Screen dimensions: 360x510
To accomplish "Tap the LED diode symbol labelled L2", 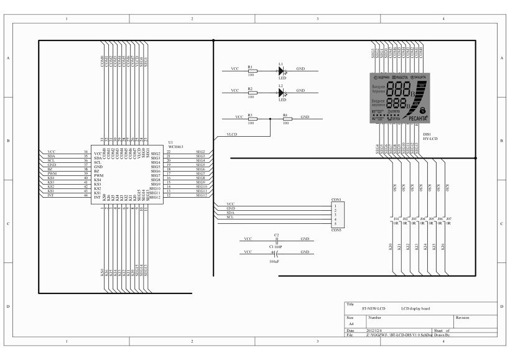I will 281,93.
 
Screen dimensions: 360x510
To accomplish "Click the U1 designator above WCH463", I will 170,142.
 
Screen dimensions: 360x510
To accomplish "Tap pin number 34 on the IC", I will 86,152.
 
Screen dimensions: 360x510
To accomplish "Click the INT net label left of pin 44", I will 50,196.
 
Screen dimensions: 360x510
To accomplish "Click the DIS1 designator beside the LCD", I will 427,134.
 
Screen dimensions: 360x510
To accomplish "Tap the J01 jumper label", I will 396,219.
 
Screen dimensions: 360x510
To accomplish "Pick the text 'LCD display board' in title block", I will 415,308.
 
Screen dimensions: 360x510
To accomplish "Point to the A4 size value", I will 351,324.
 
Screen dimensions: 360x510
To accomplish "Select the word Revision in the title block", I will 463,317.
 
